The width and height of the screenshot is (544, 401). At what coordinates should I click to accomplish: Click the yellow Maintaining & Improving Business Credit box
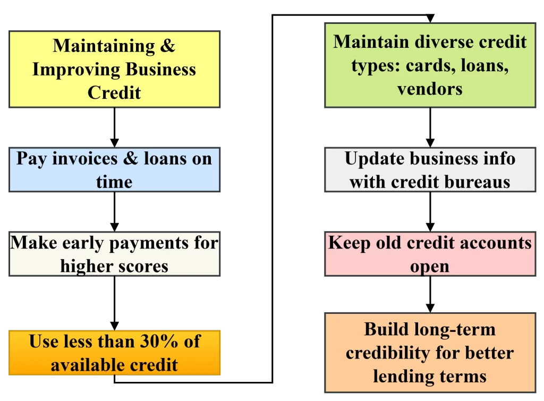pos(115,69)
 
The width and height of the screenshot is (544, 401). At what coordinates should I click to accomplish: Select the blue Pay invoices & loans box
pos(115,169)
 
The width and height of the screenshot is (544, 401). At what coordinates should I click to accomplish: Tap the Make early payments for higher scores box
pos(115,254)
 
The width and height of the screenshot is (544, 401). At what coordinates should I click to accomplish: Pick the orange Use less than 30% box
pos(115,353)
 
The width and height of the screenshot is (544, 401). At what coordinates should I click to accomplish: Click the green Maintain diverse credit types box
pos(430,65)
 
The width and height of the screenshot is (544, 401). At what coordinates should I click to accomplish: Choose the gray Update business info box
pos(430,169)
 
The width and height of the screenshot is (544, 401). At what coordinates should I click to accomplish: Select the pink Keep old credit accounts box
pos(430,254)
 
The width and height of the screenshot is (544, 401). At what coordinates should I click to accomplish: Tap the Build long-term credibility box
pos(430,353)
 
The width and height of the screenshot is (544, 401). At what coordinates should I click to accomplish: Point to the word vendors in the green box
pos(430,89)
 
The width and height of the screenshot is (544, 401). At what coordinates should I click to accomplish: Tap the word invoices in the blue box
pos(85,159)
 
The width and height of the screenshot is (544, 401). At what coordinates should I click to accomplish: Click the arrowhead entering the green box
pos(430,19)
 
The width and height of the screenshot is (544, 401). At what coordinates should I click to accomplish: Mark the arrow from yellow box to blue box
pos(115,127)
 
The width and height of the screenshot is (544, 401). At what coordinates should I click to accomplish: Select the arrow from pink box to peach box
pos(430,294)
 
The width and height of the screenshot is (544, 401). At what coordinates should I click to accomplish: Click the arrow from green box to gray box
pos(430,127)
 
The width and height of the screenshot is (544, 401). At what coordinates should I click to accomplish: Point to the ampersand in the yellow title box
pos(167,46)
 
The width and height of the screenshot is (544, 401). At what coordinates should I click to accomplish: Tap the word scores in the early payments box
pos(143,267)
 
